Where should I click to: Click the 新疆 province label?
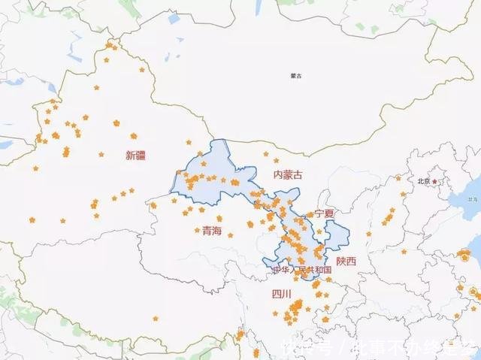(x=136, y=156)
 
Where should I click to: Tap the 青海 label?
(x=212, y=231)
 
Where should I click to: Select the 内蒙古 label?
(x=289, y=174)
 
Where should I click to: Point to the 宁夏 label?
(x=324, y=213)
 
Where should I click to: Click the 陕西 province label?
(x=346, y=261)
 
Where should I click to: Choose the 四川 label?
(x=281, y=295)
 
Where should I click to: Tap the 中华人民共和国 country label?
(x=302, y=270)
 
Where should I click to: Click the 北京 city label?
(x=424, y=181)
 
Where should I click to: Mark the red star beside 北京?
(x=434, y=181)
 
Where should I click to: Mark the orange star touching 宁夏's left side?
(x=310, y=215)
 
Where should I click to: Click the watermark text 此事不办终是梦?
(x=410, y=348)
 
